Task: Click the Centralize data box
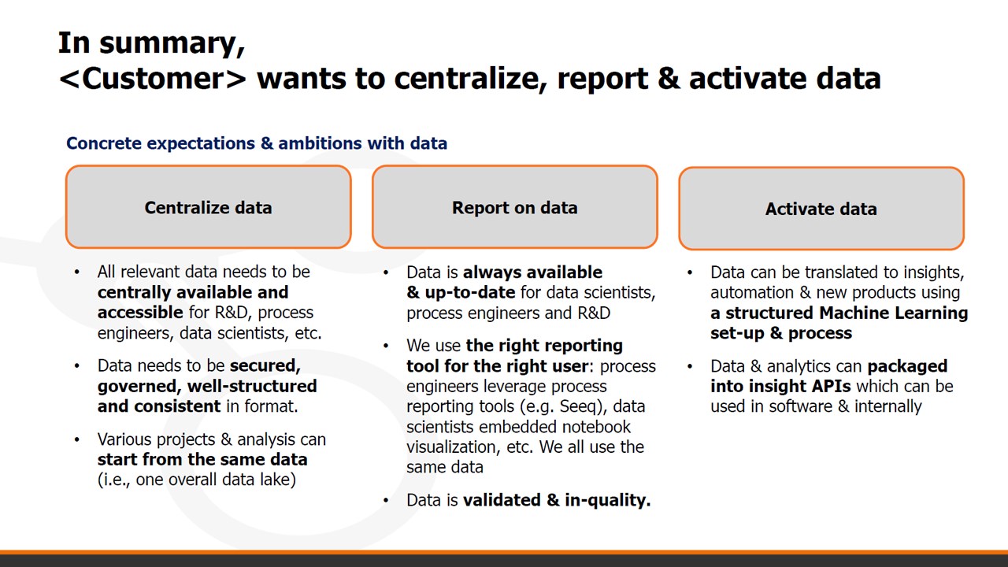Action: [209, 207]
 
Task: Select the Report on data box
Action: [515, 207]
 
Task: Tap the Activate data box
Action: [821, 209]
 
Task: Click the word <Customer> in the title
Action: [153, 78]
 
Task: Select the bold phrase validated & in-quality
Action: [557, 500]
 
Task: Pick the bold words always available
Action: [532, 272]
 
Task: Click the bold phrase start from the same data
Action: [202, 459]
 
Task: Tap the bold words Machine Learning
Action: [893, 313]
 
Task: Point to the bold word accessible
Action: [140, 313]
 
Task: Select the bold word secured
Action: [265, 366]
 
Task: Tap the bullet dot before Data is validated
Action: [386, 500]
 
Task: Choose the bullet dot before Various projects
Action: [77, 439]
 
